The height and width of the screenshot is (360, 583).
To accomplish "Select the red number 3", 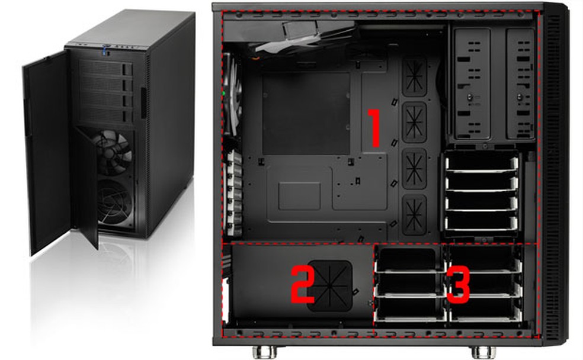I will click(458, 285).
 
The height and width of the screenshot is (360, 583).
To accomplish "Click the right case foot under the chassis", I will click(482, 352).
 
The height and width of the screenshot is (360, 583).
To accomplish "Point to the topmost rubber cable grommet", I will click(414, 75).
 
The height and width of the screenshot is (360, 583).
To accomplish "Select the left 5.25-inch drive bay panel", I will click(472, 83).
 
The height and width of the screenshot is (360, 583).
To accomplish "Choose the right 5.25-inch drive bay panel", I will click(520, 83).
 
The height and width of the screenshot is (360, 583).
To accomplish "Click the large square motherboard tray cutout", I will click(306, 113).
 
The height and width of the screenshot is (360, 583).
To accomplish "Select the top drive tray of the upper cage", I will click(481, 162).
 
